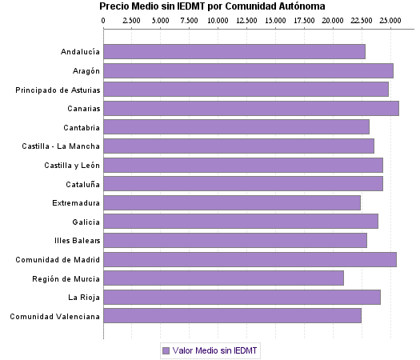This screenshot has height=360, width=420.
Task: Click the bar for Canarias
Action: pos(251,108)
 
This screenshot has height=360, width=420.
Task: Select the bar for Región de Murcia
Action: pos(224,278)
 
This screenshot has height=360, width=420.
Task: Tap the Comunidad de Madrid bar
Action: pos(250,259)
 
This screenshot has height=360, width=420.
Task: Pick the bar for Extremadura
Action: pos(232,202)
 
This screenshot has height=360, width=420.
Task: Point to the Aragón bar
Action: pos(248,70)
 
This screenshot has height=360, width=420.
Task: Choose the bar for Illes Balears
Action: pos(235,240)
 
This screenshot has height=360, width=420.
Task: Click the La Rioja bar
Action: pos(242,297)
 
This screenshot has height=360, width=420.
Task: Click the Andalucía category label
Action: pos(80,52)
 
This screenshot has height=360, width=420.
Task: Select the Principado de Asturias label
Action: pos(58,90)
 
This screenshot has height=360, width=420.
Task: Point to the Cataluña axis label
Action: pos(81,184)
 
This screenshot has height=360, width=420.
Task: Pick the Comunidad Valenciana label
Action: pos(55,316)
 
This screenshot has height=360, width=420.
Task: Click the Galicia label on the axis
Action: pos(86,222)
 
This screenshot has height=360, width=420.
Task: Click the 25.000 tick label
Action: pos(390,19)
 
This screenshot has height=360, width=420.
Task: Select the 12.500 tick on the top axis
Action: pos(246,19)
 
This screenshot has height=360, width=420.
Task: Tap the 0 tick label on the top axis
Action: pos(104,19)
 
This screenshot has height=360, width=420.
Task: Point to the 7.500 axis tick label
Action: pos(189,19)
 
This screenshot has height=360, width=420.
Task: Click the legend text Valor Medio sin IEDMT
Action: pos(212,350)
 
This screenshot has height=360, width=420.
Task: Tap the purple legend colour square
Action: pos(166,350)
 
